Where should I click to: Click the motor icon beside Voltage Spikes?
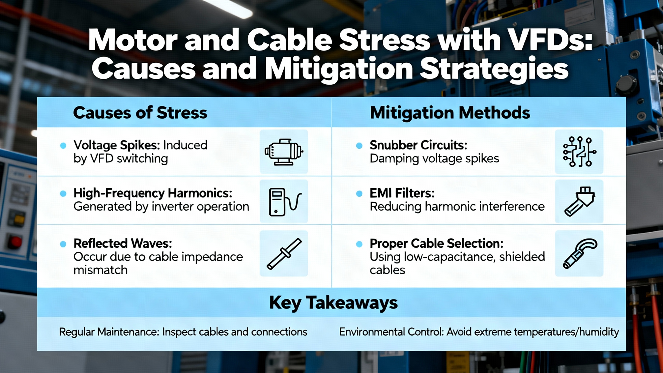click(284, 152)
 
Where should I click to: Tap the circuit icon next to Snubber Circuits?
click(580, 152)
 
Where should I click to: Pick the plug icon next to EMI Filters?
click(580, 201)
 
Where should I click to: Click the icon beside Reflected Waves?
click(284, 254)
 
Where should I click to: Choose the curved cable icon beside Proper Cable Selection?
click(580, 253)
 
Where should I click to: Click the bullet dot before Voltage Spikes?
click(63, 146)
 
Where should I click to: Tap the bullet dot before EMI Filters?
click(359, 193)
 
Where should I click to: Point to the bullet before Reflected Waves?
click(63, 244)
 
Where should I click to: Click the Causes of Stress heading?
click(140, 113)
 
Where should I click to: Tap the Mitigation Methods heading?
click(450, 113)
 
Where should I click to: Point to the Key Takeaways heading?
click(333, 303)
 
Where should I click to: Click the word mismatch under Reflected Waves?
click(100, 270)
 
